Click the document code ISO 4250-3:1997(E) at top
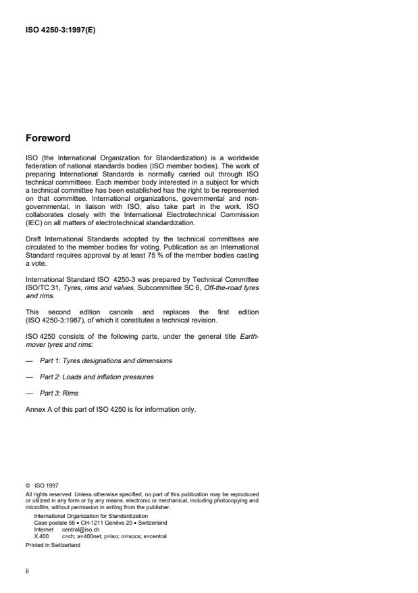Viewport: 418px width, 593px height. tap(59, 30)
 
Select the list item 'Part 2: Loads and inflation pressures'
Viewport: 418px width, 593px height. tap(97, 377)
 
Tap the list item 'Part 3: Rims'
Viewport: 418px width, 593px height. tap(63, 393)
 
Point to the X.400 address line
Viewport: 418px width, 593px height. tap(100, 536)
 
